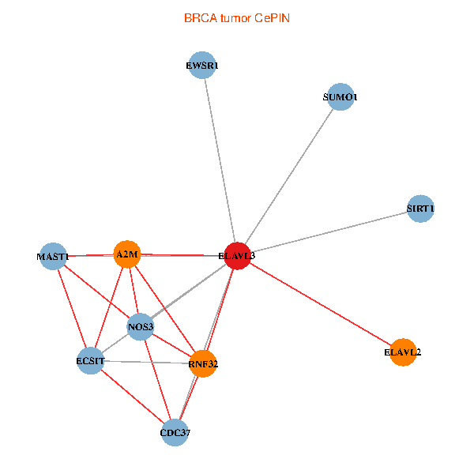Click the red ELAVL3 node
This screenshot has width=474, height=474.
click(x=238, y=256)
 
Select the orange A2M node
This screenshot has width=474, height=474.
click(x=127, y=254)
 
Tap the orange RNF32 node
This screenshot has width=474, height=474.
click(x=203, y=363)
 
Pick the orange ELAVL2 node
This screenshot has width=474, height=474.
click(x=403, y=352)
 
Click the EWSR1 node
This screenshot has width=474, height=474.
click(x=202, y=65)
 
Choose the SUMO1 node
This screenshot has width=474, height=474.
click(x=340, y=96)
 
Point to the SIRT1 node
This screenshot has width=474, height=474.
click(x=420, y=209)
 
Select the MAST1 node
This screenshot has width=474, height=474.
click(x=53, y=256)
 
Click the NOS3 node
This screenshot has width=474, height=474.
click(x=141, y=327)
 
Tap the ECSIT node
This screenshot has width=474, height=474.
click(x=90, y=361)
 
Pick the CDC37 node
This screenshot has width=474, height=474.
click(x=175, y=433)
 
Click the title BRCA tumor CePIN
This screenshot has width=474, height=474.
click(x=237, y=18)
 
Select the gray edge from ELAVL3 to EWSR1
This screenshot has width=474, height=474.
click(x=220, y=160)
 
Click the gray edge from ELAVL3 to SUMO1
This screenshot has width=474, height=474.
click(x=289, y=176)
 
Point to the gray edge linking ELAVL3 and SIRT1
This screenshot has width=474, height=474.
click(x=329, y=232)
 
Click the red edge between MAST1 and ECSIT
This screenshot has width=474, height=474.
click(x=72, y=309)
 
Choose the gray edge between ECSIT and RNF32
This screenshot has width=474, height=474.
click(x=147, y=362)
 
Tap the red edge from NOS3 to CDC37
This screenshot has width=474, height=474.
click(x=158, y=380)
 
